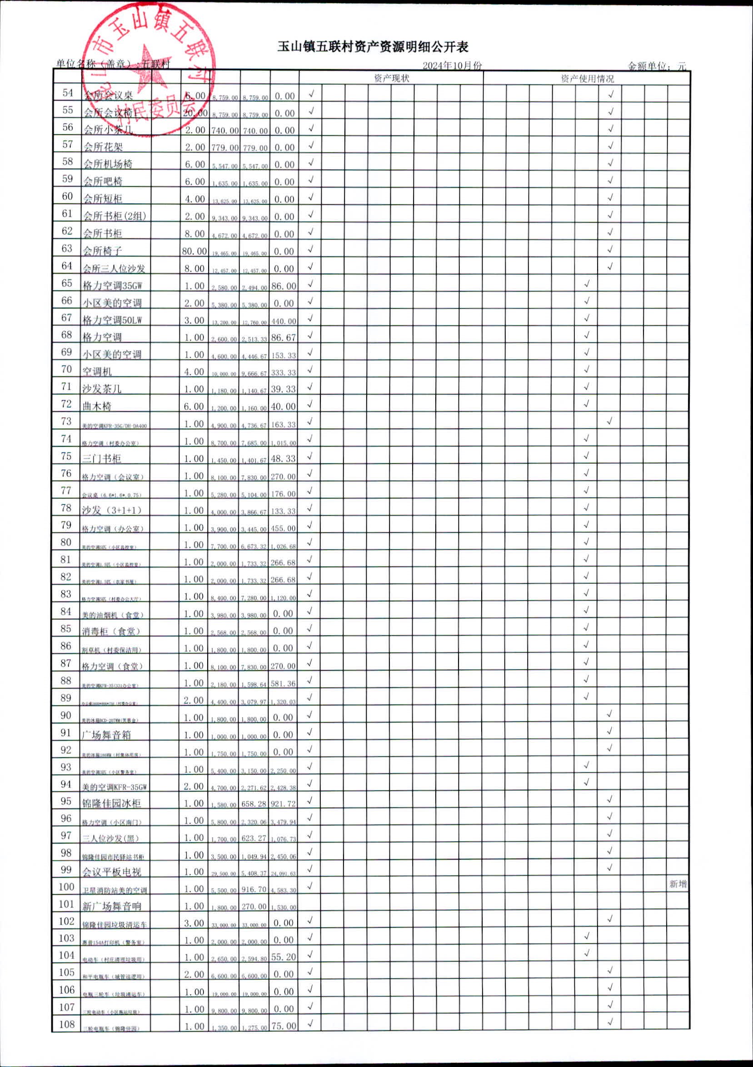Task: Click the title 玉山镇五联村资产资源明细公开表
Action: tap(373, 47)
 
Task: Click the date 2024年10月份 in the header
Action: tap(452, 66)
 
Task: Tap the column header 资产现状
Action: tap(391, 78)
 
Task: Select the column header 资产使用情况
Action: tap(587, 79)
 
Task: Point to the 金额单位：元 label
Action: tap(657, 66)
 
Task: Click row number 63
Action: tap(67, 248)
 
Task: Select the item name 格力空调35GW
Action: tap(112, 285)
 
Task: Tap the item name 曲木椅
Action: tap(97, 406)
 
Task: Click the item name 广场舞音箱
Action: tap(107, 735)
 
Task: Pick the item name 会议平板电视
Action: tap(112, 872)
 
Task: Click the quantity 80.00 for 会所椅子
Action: tap(194, 252)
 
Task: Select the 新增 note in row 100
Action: tap(678, 884)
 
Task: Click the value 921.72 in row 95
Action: tap(283, 804)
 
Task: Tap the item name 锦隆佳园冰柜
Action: tap(111, 803)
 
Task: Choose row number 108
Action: tap(67, 1024)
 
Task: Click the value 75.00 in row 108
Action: tap(283, 1026)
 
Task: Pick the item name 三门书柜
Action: tap(102, 459)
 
